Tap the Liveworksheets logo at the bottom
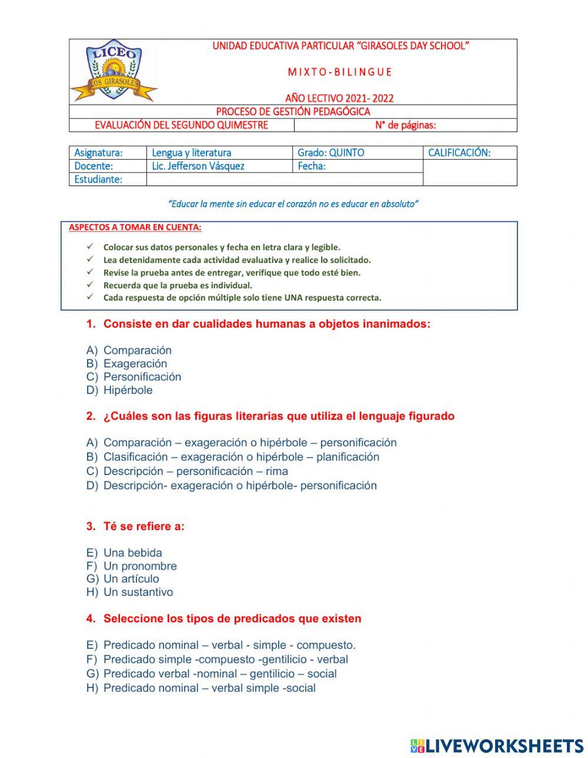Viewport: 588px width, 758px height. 497,746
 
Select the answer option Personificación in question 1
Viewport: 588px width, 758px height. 142,377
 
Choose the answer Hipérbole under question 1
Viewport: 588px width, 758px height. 128,390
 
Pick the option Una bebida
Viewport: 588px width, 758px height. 132,553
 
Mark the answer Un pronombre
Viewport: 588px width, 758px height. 140,566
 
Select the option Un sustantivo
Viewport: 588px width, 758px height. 138,592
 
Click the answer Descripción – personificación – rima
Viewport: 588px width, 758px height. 195,471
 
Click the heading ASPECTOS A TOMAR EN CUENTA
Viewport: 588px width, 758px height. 135,227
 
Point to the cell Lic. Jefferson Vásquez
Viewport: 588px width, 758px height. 198,166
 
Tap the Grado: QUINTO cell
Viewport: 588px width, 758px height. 330,153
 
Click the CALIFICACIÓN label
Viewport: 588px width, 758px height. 459,153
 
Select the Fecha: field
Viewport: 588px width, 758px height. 312,166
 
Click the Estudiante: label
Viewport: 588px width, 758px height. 98,180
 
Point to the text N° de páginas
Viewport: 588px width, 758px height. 405,125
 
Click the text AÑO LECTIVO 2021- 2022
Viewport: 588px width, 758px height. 339,98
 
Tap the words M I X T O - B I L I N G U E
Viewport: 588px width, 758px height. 339,72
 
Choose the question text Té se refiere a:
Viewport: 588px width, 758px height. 143,527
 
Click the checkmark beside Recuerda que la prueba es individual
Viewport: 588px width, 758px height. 90,285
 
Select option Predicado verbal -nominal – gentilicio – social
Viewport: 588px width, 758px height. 220,674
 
